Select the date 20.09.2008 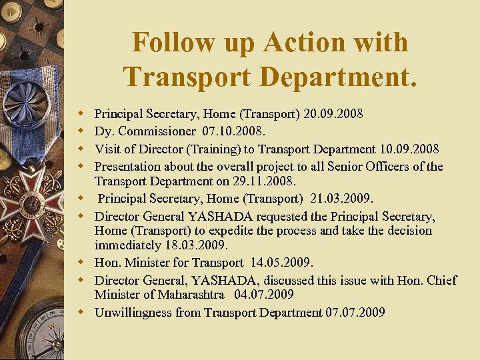tap(333, 114)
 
